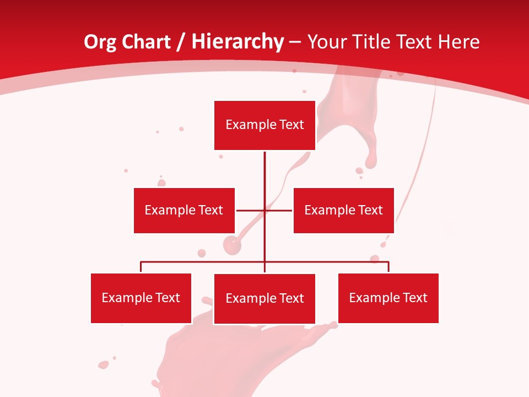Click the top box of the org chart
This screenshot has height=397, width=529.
(264, 125)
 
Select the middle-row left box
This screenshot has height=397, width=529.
(184, 210)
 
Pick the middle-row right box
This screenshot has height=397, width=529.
(343, 210)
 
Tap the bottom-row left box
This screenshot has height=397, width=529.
(141, 298)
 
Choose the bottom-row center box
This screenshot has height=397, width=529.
(264, 298)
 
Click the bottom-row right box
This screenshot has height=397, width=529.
(388, 298)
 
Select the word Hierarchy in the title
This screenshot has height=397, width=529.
(237, 42)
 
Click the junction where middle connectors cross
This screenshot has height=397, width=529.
(264, 210)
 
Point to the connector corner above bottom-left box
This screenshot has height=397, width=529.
(141, 262)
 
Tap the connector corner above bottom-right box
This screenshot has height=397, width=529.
(388, 262)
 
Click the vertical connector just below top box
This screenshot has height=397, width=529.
(264, 160)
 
